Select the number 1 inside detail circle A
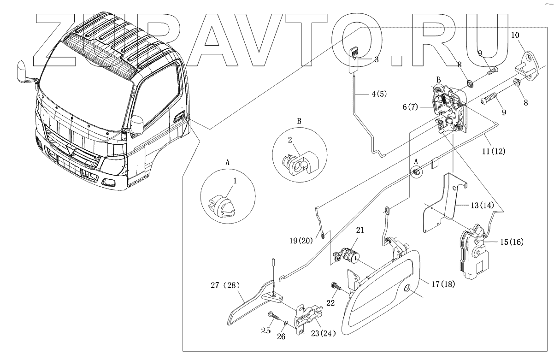[x=234, y=182]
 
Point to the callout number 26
[x=282, y=336]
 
